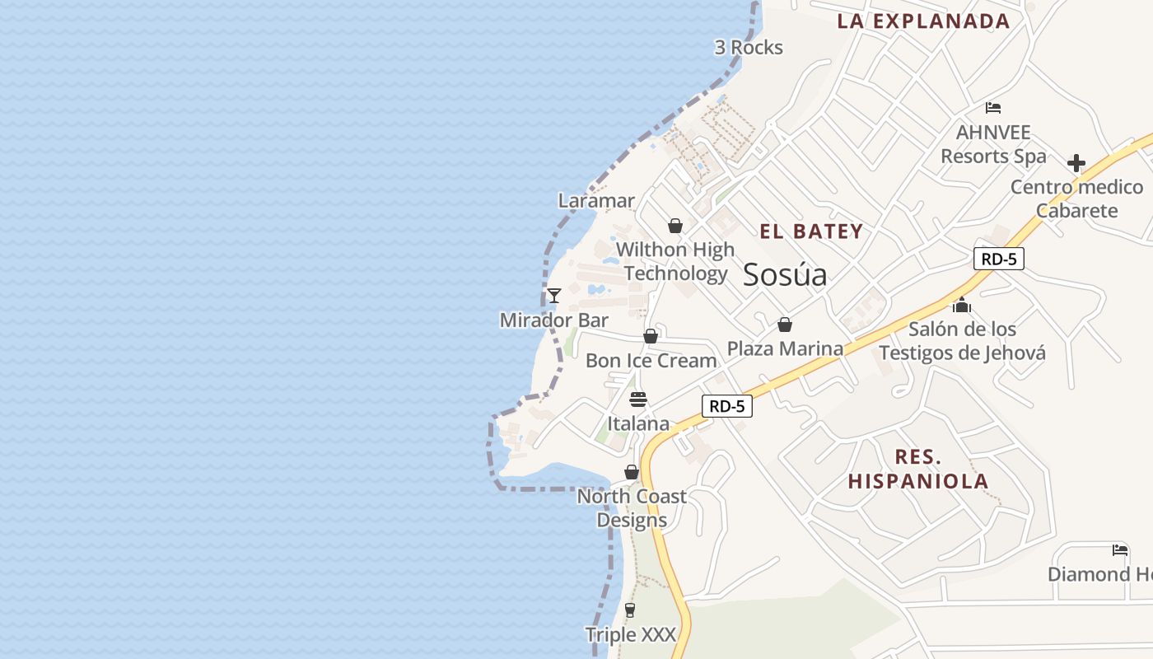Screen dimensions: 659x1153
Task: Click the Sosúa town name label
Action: click(x=785, y=274)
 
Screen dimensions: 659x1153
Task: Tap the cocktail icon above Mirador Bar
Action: click(x=554, y=295)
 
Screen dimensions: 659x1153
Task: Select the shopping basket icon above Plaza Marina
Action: click(x=785, y=325)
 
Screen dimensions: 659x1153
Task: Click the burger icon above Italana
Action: click(x=638, y=400)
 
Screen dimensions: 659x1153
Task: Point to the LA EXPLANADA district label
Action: click(x=923, y=21)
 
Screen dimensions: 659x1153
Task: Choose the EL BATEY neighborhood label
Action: click(x=811, y=231)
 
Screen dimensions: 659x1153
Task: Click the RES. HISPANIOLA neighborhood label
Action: click(x=918, y=469)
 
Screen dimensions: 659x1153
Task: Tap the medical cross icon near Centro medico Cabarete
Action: click(x=1076, y=162)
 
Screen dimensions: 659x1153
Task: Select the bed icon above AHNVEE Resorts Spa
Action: click(x=993, y=107)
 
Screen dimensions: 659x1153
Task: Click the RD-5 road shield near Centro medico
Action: click(x=998, y=259)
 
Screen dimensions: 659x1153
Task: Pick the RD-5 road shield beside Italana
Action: click(x=727, y=405)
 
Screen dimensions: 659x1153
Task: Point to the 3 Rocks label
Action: click(x=749, y=48)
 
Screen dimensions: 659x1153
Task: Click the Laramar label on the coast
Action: click(x=596, y=200)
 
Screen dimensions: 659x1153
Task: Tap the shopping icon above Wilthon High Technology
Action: click(x=675, y=226)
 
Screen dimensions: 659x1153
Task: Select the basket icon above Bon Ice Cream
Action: click(x=651, y=336)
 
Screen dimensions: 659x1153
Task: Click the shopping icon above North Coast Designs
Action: click(x=632, y=472)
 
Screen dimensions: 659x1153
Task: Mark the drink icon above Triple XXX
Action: click(x=630, y=610)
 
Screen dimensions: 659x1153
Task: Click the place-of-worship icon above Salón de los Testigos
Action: click(x=962, y=306)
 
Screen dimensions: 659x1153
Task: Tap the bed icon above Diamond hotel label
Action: click(x=1120, y=549)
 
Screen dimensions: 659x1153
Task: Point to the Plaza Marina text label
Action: click(x=785, y=348)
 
